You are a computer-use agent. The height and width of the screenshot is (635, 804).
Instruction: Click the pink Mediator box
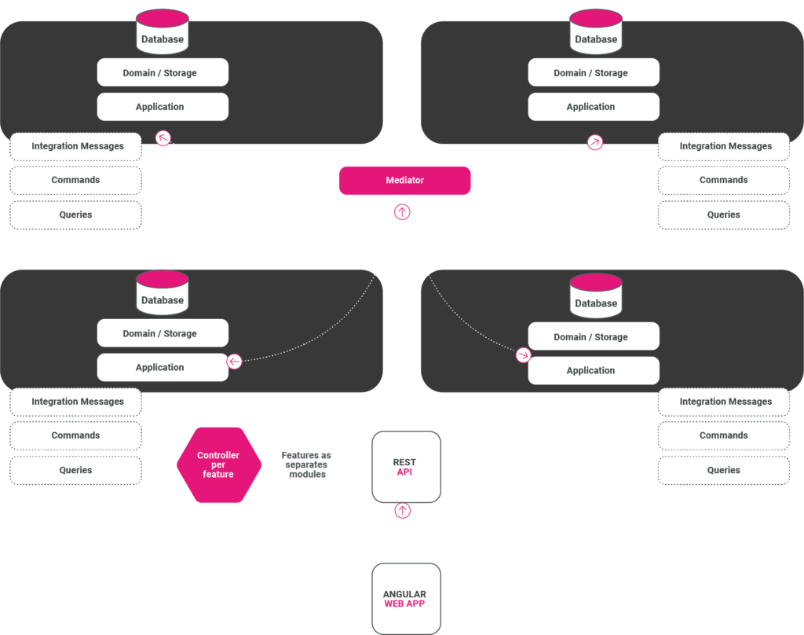click(404, 180)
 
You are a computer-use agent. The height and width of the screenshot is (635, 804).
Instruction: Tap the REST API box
click(405, 467)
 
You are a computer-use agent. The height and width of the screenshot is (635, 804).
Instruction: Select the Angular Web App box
click(405, 599)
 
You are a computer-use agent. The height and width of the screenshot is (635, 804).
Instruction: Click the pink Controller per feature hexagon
click(218, 464)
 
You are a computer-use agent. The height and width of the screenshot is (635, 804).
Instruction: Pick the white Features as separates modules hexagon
click(307, 464)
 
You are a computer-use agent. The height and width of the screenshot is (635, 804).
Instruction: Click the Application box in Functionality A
click(163, 107)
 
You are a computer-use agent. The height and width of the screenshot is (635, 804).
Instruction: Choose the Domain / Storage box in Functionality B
click(593, 73)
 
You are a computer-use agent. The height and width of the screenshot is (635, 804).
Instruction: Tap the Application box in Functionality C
click(163, 367)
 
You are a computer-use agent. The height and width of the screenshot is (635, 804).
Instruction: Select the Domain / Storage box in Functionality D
click(593, 337)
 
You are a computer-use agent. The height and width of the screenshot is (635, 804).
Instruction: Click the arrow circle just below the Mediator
click(402, 211)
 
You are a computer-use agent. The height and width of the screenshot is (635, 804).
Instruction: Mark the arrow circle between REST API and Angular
click(402, 511)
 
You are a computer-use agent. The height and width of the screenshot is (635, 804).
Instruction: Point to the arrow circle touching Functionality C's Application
click(234, 362)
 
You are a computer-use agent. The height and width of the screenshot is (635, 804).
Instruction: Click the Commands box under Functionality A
click(76, 180)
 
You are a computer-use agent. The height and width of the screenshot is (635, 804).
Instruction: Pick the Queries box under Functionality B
click(723, 215)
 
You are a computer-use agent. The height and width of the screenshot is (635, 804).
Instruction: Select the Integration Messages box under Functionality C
click(76, 402)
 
